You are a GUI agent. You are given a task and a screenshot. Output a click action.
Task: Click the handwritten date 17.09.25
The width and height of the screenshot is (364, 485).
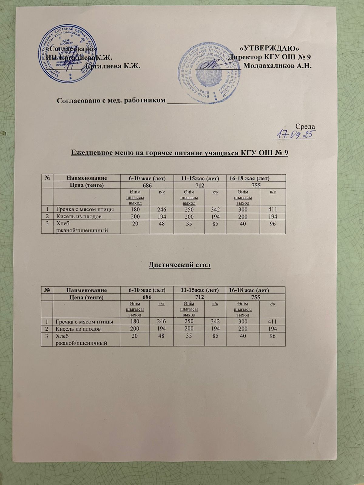tap(295, 134)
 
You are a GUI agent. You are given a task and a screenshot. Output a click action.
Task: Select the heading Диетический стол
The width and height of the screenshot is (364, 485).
tap(180, 265)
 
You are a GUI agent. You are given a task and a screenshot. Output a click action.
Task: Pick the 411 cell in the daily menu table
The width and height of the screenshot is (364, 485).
tap(273, 209)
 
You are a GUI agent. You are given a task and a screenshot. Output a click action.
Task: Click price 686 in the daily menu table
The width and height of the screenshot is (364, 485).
tap(147, 185)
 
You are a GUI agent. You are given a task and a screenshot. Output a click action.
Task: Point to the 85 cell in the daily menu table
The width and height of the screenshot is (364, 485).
tap(215, 223)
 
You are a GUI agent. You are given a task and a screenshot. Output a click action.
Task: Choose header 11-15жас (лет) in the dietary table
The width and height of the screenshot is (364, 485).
tap(200, 290)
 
